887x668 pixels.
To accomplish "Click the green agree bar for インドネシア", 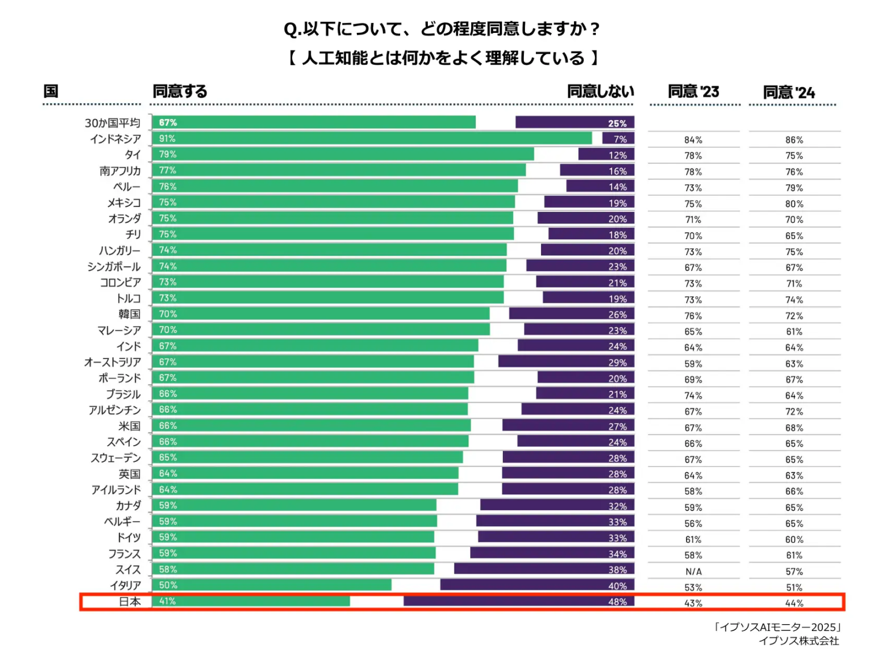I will coord(372,139).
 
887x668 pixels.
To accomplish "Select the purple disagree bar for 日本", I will coord(519,602).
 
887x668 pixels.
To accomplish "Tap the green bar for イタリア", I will coord(271,585).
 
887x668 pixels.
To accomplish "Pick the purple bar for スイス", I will coord(544,569).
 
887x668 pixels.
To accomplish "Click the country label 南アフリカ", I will coord(120,171).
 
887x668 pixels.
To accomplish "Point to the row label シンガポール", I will coord(114,267).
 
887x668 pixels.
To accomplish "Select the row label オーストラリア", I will coord(113,362).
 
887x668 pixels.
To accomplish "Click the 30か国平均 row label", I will coord(113,123).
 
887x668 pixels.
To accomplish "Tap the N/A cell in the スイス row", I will coord(694,572).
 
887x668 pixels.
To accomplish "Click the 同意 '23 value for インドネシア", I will coord(694,140).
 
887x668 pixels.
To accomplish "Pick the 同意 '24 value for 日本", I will coord(794,603).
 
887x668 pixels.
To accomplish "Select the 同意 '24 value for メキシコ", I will coord(794,204).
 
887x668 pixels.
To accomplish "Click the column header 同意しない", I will coord(601,91).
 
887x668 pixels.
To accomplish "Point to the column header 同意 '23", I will coord(694,92).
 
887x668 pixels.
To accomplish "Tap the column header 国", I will coord(51,91).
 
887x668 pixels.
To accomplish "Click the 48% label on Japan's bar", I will coord(617,602).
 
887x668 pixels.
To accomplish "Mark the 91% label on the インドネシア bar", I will coord(167,139).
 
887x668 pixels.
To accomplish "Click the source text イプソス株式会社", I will coord(799,641).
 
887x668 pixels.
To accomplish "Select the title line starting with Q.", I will coord(442,29).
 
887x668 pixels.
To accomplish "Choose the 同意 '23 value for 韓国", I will coord(694,316).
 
